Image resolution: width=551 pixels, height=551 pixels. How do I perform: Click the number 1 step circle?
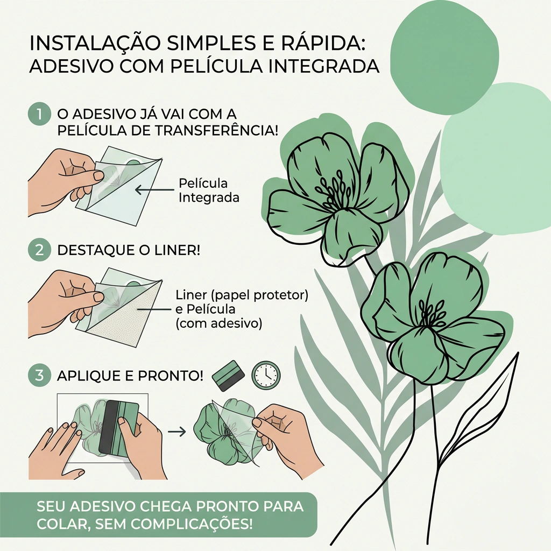tap(39, 114)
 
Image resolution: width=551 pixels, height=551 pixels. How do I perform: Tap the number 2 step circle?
tap(39, 250)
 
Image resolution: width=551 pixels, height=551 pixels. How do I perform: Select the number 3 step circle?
tap(39, 375)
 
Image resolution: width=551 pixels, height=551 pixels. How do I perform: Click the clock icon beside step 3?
tap(266, 375)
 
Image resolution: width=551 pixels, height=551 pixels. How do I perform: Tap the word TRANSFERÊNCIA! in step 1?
tap(216, 130)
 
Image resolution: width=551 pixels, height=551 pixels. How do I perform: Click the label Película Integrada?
tap(209, 190)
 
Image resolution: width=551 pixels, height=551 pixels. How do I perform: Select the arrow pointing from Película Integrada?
tap(154, 190)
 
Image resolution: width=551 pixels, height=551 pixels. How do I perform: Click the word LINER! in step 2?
tap(177, 250)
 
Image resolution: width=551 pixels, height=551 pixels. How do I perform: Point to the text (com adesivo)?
tap(218, 323)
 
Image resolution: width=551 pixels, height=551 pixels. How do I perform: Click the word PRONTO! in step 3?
tap(171, 376)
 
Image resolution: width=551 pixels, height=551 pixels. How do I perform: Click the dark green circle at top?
tap(444, 58)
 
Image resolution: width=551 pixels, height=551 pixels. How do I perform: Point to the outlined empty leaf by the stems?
tap(485, 404)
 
